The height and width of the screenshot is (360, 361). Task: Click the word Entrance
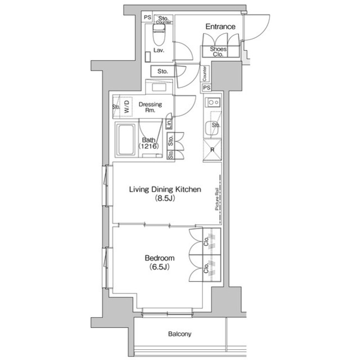[220, 26]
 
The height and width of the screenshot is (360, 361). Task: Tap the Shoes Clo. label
[218, 52]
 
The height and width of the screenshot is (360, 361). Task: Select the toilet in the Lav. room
[158, 38]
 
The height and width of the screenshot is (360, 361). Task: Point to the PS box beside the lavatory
[147, 17]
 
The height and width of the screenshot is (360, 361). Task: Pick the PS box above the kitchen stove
[206, 88]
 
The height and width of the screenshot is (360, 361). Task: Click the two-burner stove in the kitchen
[213, 103]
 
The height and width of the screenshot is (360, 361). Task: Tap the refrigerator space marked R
[212, 150]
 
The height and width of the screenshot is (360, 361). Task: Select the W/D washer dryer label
[127, 107]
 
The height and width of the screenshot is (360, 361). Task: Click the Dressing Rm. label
[151, 107]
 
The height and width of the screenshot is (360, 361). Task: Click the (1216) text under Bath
[149, 146]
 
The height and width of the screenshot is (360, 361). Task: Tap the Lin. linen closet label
[169, 123]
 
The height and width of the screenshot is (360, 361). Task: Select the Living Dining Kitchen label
[165, 190]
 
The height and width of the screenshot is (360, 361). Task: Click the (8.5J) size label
[165, 199]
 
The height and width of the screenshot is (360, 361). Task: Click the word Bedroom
[159, 258]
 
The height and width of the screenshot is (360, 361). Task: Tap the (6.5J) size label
[159, 267]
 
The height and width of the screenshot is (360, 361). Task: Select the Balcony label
[180, 334]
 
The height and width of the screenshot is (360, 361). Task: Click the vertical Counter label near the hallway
[204, 73]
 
